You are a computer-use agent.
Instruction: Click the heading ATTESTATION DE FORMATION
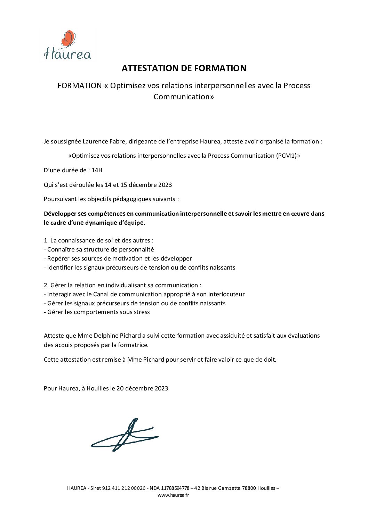tap(184, 68)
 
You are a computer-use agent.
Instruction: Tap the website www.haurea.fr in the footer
tap(173, 495)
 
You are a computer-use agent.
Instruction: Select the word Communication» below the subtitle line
tap(184, 97)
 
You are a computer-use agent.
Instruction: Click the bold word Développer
tap(61, 214)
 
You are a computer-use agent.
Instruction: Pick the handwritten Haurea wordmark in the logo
tap(67, 54)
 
